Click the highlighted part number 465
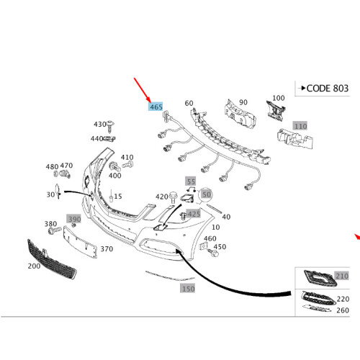click(x=156, y=107)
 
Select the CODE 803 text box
click(x=325, y=89)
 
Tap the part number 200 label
click(x=33, y=266)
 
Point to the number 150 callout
click(x=187, y=289)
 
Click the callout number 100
click(x=278, y=98)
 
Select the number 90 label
click(x=243, y=103)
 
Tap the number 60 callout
click(x=189, y=103)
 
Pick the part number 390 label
click(x=74, y=219)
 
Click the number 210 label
click(x=341, y=276)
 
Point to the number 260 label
click(x=342, y=311)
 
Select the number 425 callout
click(x=193, y=215)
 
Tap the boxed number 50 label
click(x=207, y=195)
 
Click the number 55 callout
click(x=190, y=181)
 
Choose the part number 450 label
click(x=220, y=247)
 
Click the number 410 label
click(x=127, y=158)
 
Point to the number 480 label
click(x=51, y=166)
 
